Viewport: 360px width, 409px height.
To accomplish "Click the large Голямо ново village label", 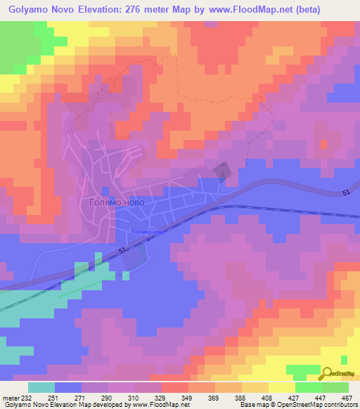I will click(x=117, y=202).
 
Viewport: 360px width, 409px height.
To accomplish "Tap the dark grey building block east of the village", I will click(x=221, y=170).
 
